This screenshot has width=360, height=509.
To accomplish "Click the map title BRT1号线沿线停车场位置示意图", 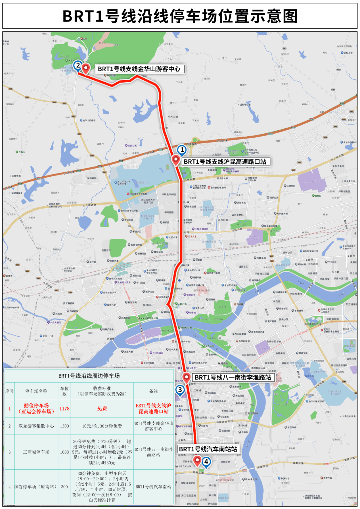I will pyautogui.click(x=180, y=16).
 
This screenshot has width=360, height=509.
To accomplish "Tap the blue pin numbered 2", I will pyautogui.click(x=78, y=65).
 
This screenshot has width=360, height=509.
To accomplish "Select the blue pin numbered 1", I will pyautogui.click(x=182, y=150).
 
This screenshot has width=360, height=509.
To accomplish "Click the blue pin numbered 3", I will pyautogui.click(x=180, y=390).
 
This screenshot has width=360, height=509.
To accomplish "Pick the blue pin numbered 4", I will pyautogui.click(x=206, y=462).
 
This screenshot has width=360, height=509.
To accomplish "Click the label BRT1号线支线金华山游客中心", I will pyautogui.click(x=139, y=69).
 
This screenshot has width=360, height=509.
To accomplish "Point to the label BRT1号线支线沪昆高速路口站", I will pyautogui.click(x=225, y=162).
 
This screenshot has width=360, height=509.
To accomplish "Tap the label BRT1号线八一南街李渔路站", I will pyautogui.click(x=233, y=377).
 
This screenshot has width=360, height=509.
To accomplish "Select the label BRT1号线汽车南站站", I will pyautogui.click(x=208, y=449).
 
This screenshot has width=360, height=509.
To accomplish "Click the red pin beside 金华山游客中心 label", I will pyautogui.click(x=86, y=68).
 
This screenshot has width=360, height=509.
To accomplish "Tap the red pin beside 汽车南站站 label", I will pyautogui.click(x=197, y=461).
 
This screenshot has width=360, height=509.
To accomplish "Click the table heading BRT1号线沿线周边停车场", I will pyautogui.click(x=89, y=376).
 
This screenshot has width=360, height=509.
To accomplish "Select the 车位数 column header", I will pyautogui.click(x=64, y=391).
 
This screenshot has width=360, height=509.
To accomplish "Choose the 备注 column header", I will pyautogui.click(x=153, y=391).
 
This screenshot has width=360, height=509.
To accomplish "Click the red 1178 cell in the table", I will pyautogui.click(x=64, y=408).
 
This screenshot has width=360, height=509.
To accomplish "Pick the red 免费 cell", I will pyautogui.click(x=102, y=408).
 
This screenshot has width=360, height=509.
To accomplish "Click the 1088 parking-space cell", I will pyautogui.click(x=64, y=452).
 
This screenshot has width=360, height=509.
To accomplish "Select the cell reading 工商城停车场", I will pyautogui.click(x=36, y=452).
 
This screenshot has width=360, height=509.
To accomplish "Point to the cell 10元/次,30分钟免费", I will pyautogui.click(x=102, y=426).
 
